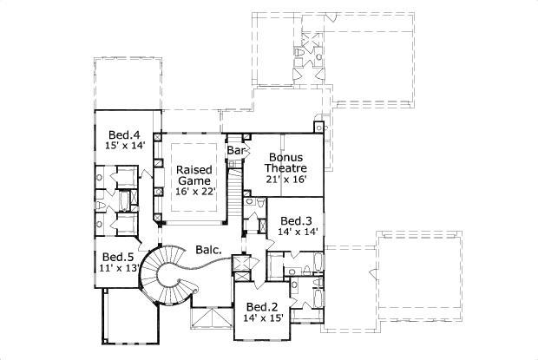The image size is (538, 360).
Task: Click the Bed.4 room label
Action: click(x=124, y=134)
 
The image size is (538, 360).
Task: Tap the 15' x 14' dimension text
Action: click(x=124, y=147)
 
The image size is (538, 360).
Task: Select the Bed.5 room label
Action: click(x=117, y=257)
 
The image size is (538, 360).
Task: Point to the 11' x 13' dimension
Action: click(x=120, y=269)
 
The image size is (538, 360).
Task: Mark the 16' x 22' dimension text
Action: click(x=195, y=192)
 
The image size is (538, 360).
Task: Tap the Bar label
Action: click(x=235, y=151)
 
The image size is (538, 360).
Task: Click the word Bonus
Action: click(x=286, y=157)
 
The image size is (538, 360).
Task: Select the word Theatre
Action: click(x=286, y=168)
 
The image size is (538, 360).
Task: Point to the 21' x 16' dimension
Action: click(x=286, y=180)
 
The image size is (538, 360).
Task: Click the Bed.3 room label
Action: click(x=297, y=220)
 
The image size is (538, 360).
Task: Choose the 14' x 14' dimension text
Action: click(x=298, y=232)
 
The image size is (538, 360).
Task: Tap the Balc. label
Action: click(x=208, y=249)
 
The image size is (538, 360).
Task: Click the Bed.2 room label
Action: click(x=261, y=307)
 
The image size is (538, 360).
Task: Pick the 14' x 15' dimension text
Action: click(x=262, y=319)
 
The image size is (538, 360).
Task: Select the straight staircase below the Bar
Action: click(x=233, y=187)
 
